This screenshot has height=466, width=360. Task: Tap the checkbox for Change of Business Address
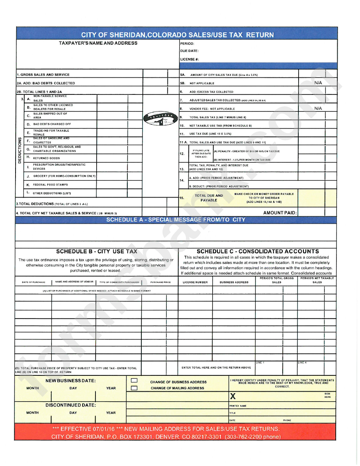point(134,380)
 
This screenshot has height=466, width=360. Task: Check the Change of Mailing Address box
point(134,388)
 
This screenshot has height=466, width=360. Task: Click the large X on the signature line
point(233,397)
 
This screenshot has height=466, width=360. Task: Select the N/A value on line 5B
point(318,82)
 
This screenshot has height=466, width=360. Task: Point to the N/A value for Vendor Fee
point(318,108)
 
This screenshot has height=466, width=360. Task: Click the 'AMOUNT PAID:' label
point(280,213)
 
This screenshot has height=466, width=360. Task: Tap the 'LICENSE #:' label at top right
point(189,59)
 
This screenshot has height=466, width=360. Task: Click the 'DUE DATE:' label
point(189,51)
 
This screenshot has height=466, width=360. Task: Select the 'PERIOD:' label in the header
point(187,44)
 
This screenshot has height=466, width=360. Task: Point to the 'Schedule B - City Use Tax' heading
point(97,251)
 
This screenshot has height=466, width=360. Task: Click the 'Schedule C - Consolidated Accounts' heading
point(258,251)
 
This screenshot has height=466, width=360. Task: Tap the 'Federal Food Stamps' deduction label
point(50,185)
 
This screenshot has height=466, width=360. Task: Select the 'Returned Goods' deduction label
point(46,158)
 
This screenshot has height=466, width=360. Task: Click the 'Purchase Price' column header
point(160,282)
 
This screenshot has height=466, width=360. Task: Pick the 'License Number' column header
point(195,282)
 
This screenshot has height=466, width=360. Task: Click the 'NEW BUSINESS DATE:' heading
point(70,380)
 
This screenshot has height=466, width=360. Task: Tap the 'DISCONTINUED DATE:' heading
point(70,405)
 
